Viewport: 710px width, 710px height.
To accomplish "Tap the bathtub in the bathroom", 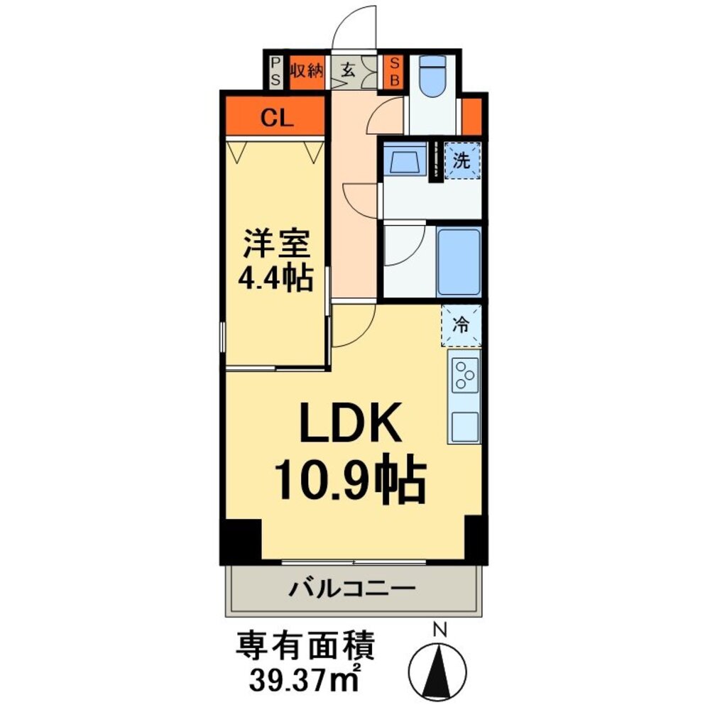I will (x=458, y=261).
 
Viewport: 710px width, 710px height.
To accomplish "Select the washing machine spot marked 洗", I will (x=462, y=160).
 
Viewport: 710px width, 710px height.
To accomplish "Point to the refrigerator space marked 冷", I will (x=461, y=325).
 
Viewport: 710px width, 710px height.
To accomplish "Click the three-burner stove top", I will (x=464, y=374).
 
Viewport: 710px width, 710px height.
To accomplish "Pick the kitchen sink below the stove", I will (x=464, y=426).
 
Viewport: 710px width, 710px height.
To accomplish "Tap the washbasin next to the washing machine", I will (x=405, y=161).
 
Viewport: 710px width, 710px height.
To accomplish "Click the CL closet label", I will (x=276, y=118).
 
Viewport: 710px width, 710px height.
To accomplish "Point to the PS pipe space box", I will (x=275, y=72).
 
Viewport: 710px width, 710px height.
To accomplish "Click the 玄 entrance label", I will (x=349, y=70).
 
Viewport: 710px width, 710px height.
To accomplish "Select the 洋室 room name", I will (x=277, y=246).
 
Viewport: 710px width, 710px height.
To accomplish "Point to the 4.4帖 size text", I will (x=277, y=278).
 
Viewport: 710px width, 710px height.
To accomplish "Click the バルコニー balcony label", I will (x=351, y=589).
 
